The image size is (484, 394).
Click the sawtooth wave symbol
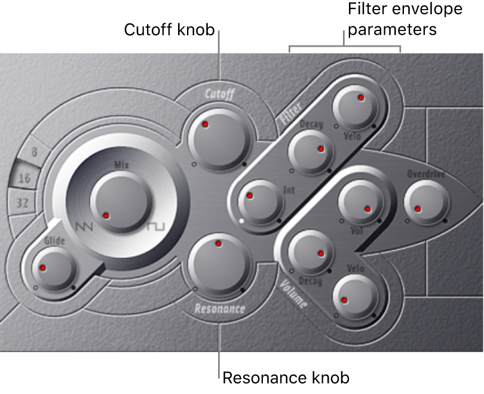click(x=85, y=226)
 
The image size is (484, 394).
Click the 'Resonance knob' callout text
click(x=286, y=378)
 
